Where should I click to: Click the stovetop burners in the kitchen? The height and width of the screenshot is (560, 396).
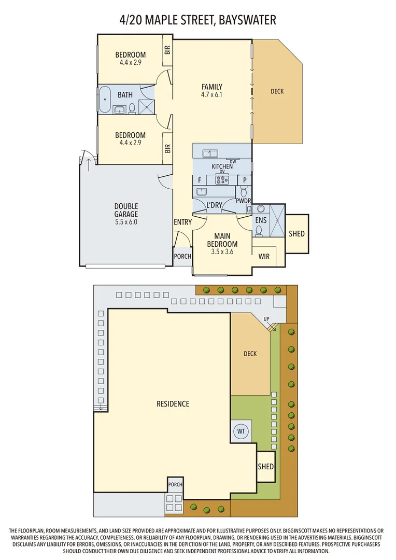click(x=222, y=180)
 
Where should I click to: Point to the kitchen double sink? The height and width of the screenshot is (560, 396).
click(x=210, y=153)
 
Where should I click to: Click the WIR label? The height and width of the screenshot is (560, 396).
click(x=263, y=256)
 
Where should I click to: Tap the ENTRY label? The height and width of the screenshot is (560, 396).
click(x=182, y=222)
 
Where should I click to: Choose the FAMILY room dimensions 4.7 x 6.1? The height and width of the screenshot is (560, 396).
click(x=211, y=95)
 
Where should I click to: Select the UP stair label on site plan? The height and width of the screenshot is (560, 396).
click(x=267, y=319)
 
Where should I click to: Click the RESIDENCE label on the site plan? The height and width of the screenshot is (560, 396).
click(x=173, y=404)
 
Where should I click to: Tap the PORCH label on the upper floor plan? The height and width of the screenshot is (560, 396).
click(x=182, y=256)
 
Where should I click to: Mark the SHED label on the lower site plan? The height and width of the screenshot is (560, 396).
click(x=265, y=467)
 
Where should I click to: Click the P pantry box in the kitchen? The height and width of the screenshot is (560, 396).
click(x=244, y=180)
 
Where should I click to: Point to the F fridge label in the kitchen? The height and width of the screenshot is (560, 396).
click(x=199, y=180)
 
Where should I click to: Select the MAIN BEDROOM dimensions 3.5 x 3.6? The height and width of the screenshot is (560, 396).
click(x=222, y=251)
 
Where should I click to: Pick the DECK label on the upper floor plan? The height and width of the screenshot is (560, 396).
click(x=277, y=91)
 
